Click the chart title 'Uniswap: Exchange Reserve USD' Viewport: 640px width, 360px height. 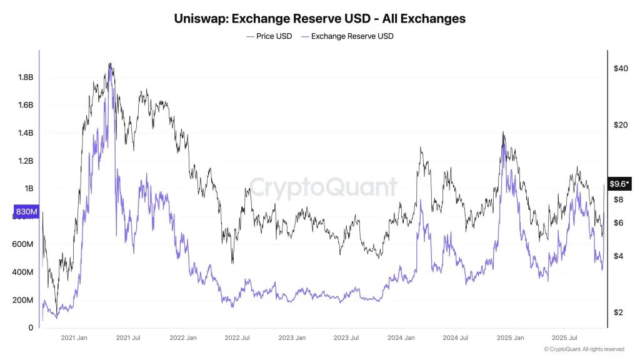319,18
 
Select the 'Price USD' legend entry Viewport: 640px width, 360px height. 269,36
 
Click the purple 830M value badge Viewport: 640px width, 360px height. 26,211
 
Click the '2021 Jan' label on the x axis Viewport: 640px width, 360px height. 73,337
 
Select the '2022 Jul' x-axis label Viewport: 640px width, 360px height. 237,337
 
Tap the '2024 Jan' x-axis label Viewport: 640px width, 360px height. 401,337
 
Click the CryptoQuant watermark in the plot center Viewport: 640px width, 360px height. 323,187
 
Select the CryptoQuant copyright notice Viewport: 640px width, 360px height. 584,349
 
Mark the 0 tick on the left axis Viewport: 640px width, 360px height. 30,327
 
